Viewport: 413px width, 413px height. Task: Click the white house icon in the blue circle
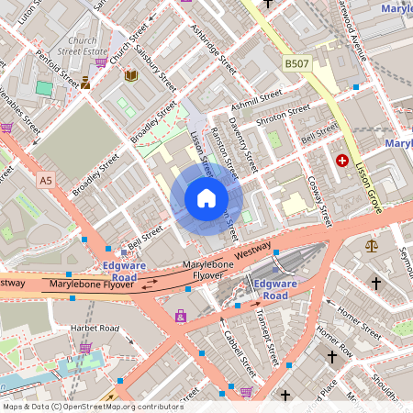tap(206, 198)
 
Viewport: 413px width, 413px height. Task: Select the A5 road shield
tap(46, 182)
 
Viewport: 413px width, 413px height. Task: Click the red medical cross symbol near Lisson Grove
tap(342, 161)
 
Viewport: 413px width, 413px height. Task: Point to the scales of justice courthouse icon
tap(372, 245)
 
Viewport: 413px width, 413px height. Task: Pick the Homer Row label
tap(334, 344)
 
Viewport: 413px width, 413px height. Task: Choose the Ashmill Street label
tap(257, 98)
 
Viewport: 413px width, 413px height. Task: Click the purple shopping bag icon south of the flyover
tap(181, 316)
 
